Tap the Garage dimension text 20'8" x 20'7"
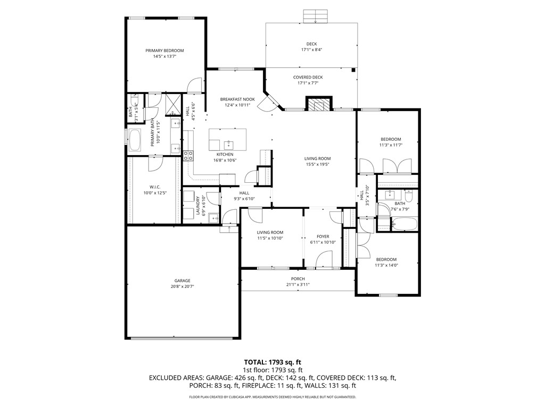click(182, 287)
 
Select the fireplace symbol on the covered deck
click(319, 105)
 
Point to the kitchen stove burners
click(188, 155)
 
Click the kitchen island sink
click(228, 144)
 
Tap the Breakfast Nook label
click(237, 99)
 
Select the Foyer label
click(323, 236)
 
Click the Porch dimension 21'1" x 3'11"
click(298, 285)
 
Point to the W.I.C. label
click(155, 186)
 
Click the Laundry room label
click(198, 206)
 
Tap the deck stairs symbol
click(316, 16)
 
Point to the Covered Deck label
click(308, 77)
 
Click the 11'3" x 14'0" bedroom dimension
click(386, 265)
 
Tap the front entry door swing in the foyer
click(324, 260)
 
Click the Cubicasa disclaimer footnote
click(272, 397)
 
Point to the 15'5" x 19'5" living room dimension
click(317, 164)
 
